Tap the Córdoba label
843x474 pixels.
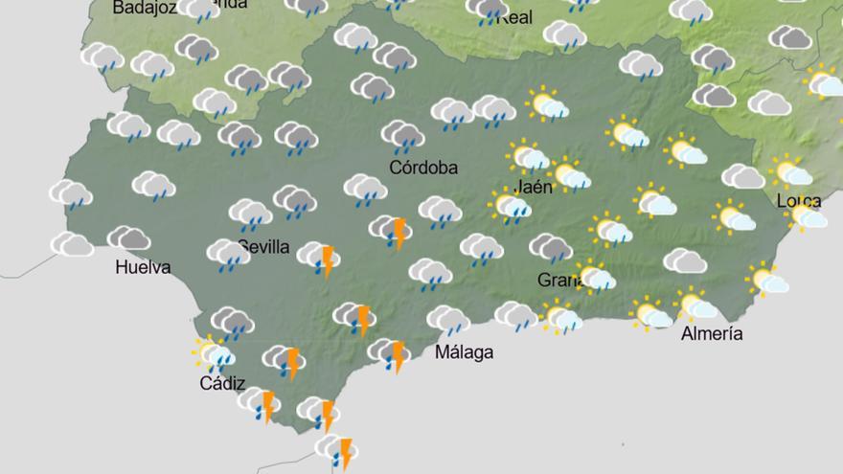click(x=423, y=168)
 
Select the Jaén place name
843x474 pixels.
click(x=534, y=187)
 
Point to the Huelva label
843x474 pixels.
click(x=143, y=267)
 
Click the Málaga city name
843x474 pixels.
click(x=465, y=352)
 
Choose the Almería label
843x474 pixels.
click(x=712, y=333)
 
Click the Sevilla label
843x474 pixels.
click(x=264, y=247)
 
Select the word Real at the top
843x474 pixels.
click(x=515, y=17)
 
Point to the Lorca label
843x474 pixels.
click(x=798, y=200)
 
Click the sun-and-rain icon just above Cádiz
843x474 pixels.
click(x=214, y=353)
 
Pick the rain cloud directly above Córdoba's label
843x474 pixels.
click(x=402, y=136)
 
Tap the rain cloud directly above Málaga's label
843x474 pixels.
click(x=447, y=320)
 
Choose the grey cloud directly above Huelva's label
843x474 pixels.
click(x=128, y=237)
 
